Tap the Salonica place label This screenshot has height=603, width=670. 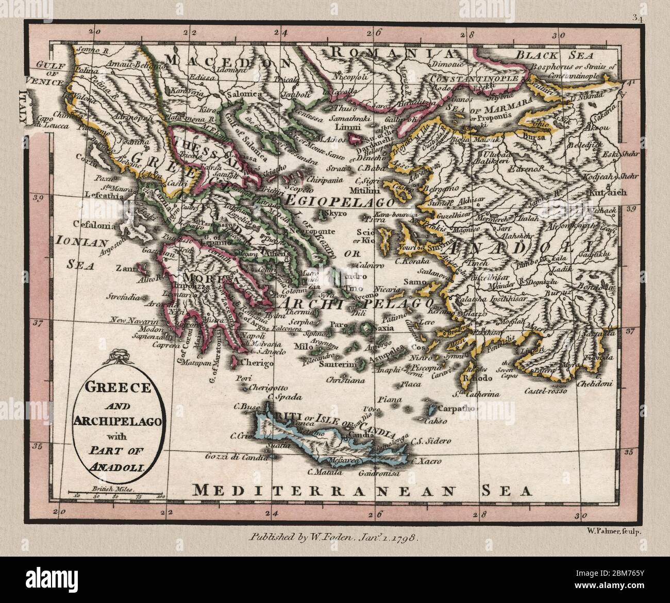246,95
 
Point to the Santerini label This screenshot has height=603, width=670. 338,364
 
